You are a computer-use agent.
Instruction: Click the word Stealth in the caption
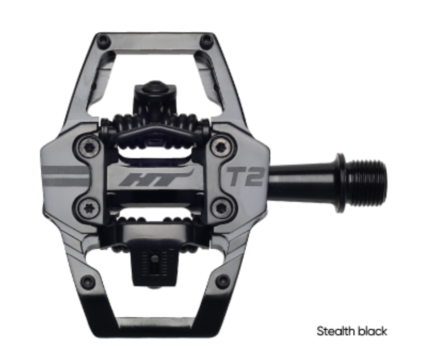(333, 331)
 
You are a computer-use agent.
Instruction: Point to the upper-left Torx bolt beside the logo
(88, 148)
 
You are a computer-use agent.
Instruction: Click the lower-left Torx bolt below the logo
(88, 207)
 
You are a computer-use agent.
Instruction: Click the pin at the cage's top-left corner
(104, 41)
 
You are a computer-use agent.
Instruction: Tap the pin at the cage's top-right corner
(206, 41)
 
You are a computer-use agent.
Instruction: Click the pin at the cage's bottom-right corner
(222, 282)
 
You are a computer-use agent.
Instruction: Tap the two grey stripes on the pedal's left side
(66, 176)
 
